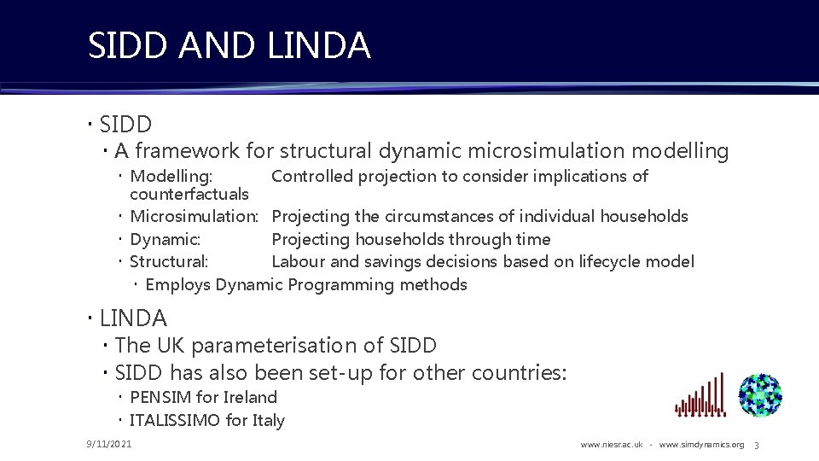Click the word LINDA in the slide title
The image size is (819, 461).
click(319, 45)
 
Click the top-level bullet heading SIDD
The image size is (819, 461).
click(125, 125)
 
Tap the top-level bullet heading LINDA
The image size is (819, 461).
click(133, 318)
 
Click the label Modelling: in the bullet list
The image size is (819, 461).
click(171, 177)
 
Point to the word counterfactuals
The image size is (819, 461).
click(189, 195)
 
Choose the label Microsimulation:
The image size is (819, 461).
click(194, 217)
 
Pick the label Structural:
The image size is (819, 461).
click(169, 262)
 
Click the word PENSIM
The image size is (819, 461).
click(160, 398)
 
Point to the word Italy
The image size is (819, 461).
click(266, 420)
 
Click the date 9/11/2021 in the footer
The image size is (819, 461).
click(108, 444)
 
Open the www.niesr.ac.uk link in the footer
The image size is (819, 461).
click(611, 445)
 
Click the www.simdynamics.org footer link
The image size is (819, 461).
click(701, 445)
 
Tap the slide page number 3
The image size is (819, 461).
click(756, 445)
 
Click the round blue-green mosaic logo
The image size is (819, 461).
click(760, 394)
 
